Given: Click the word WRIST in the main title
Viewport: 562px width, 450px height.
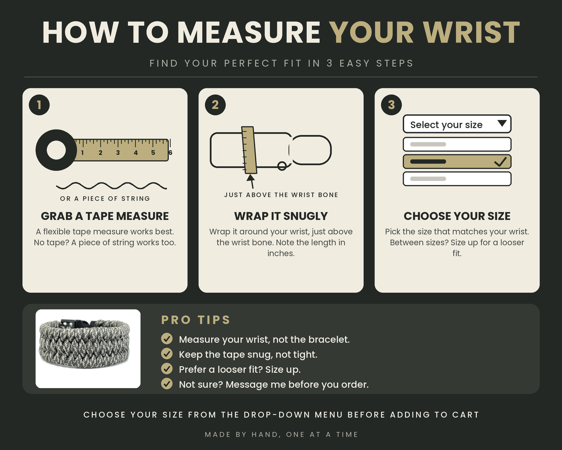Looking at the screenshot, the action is (x=471, y=32).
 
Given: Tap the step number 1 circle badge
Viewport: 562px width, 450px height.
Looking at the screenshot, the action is (x=39, y=105).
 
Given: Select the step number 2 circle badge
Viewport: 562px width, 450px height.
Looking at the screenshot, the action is (x=215, y=105).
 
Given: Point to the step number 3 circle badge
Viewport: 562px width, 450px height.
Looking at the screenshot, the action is (x=391, y=105).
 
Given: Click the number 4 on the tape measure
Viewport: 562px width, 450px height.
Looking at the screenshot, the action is (x=135, y=153).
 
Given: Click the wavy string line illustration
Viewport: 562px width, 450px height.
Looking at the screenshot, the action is (x=111, y=186).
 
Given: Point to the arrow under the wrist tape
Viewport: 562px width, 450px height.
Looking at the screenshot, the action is (x=251, y=181).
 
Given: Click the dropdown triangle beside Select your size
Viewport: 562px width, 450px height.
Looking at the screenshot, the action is (x=502, y=123).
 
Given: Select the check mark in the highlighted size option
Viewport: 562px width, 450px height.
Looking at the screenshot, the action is (x=500, y=162).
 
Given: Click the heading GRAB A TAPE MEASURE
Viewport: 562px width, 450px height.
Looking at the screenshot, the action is (x=105, y=216).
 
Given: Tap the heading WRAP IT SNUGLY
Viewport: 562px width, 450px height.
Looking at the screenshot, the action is (x=281, y=216).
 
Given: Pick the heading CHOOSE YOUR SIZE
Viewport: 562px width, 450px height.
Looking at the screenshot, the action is (x=457, y=216).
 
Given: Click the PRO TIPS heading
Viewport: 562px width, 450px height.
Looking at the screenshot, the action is (x=196, y=320).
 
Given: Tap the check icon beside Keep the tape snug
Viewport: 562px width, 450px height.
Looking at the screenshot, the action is (x=167, y=354).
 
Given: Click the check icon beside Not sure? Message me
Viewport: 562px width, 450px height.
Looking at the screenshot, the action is (x=167, y=384).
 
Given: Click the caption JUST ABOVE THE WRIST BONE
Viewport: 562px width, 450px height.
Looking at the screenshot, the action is (x=281, y=195).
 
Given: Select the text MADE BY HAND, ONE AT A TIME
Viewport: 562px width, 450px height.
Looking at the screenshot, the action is (x=281, y=435).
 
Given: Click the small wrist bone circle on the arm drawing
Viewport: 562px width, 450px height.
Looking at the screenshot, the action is (x=282, y=166).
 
